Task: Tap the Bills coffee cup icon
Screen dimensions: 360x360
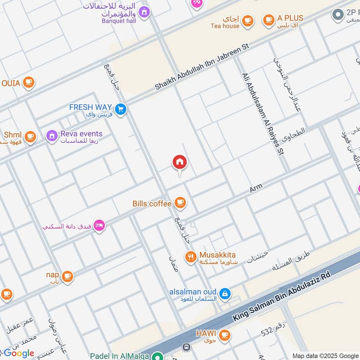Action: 180,203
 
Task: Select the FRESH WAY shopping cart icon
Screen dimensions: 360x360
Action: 120,109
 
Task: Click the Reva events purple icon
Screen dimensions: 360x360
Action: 52,135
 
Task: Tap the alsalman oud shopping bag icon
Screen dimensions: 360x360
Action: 225,294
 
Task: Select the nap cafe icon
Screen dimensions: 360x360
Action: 67,276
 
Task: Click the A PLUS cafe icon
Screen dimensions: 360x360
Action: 269,20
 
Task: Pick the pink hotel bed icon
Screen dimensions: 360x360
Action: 99,225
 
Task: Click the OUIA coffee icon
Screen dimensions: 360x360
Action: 29,83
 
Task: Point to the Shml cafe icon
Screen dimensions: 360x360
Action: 30,137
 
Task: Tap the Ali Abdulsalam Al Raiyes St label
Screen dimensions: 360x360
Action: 263,114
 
